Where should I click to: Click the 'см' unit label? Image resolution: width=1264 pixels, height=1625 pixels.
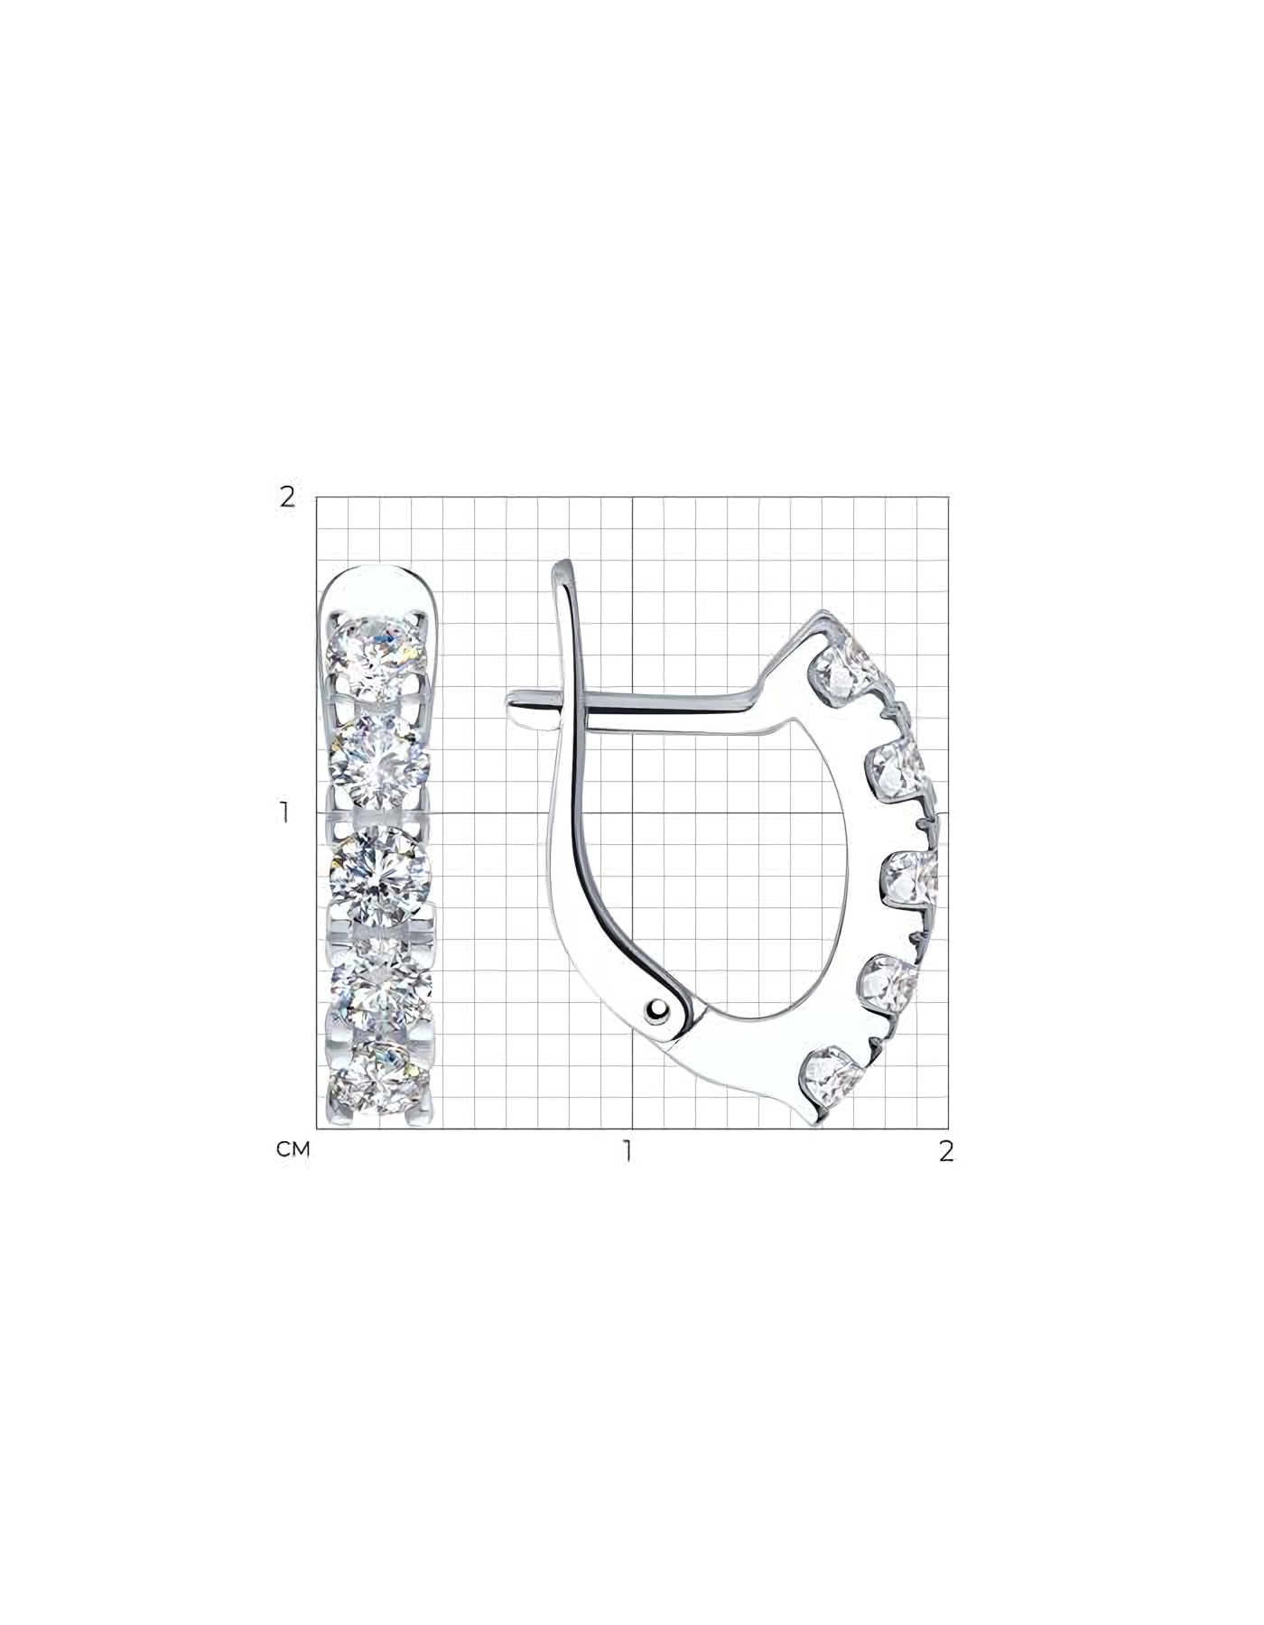pos(293,1150)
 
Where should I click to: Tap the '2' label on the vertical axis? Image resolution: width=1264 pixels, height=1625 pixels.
pos(287,497)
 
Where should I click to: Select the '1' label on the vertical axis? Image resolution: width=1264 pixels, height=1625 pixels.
pos(285,812)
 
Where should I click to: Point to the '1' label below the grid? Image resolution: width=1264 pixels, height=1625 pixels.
pos(626,1151)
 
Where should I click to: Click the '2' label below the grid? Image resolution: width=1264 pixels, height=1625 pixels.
pos(946,1151)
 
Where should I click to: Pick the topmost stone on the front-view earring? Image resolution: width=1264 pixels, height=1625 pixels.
pos(378,656)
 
